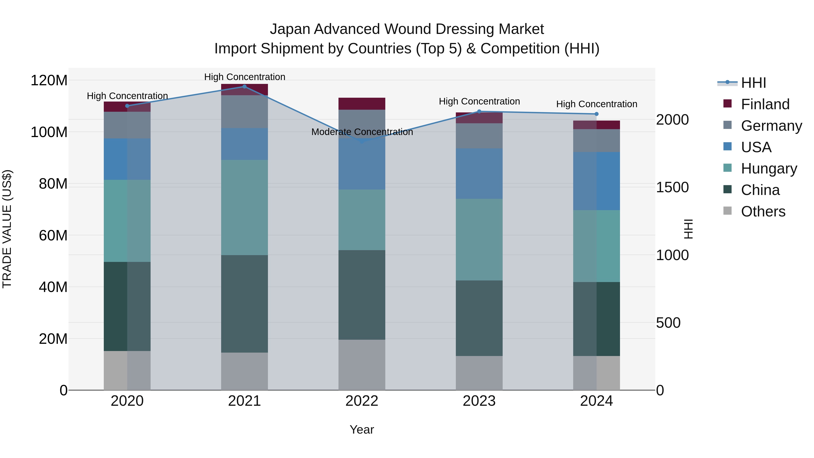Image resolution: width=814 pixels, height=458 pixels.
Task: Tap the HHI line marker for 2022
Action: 362,142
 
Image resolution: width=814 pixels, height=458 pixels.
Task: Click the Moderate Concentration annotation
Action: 362,132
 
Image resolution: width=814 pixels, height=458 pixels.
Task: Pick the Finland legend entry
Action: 765,104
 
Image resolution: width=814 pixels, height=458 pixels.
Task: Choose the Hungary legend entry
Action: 769,168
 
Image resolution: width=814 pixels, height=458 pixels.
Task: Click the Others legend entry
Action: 763,211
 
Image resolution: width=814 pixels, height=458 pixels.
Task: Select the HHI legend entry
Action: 753,83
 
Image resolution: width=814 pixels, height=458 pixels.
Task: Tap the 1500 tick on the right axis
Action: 672,187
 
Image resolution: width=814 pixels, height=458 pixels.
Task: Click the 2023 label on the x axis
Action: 479,401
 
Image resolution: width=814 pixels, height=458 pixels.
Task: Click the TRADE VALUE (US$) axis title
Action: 7,229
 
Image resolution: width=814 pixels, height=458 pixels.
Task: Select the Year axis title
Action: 362,430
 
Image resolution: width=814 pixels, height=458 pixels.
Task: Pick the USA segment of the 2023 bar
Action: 479,173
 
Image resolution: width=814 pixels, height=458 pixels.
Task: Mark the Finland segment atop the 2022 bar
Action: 362,104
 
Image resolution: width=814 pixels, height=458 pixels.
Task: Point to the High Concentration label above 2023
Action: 479,102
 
